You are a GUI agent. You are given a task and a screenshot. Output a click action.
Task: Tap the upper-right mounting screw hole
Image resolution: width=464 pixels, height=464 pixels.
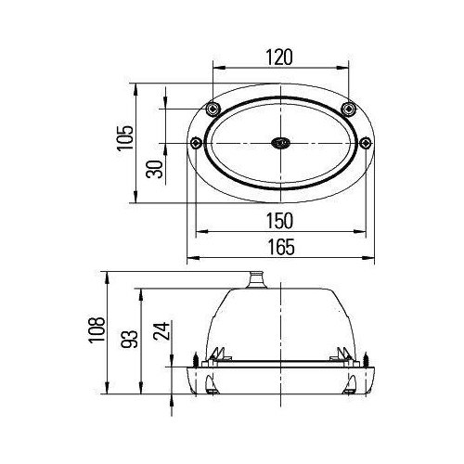349,109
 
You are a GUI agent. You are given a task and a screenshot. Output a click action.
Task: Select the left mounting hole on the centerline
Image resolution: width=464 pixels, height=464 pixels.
196,143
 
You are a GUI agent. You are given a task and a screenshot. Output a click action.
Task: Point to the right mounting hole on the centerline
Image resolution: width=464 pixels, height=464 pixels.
365,143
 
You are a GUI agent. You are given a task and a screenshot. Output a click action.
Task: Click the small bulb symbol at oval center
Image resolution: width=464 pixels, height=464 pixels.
280,143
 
